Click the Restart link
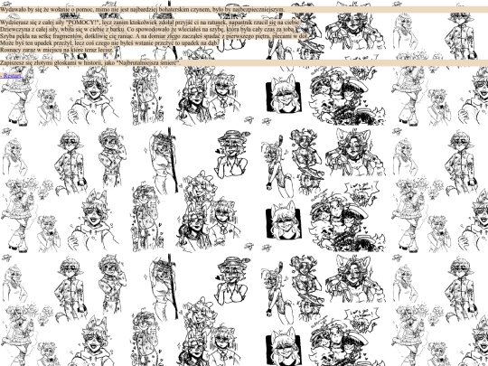tap(12, 77)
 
